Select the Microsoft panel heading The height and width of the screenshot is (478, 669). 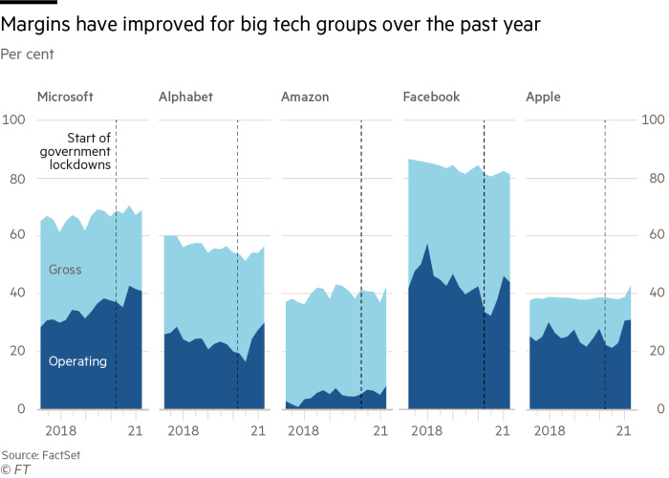point(66,97)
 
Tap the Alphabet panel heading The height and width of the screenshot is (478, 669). point(185,97)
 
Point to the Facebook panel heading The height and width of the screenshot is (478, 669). point(431,97)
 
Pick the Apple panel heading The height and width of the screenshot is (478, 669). point(543,97)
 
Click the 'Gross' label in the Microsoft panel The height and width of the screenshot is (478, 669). point(64,270)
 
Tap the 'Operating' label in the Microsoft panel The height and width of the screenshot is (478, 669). point(77,361)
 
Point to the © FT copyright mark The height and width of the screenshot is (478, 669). point(15,468)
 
